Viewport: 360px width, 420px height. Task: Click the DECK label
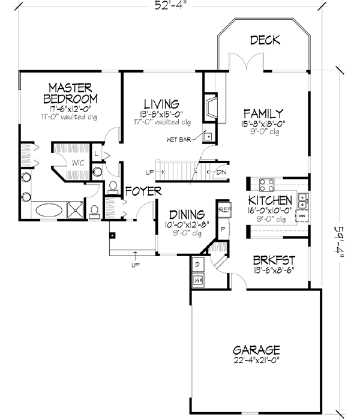pyautogui.click(x=266, y=40)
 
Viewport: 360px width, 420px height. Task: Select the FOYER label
pyautogui.click(x=143, y=191)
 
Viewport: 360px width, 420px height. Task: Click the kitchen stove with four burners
pyautogui.click(x=265, y=184)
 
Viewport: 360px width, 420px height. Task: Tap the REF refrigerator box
pyautogui.click(x=224, y=210)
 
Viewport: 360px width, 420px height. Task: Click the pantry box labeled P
pyautogui.click(x=224, y=229)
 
